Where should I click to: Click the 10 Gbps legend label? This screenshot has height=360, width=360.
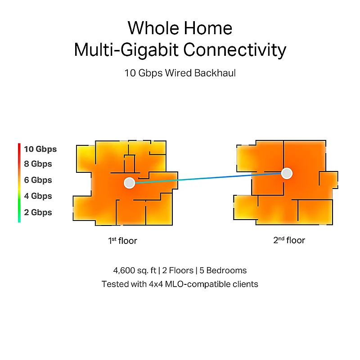point(40,149)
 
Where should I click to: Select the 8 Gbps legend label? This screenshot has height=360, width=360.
point(38,164)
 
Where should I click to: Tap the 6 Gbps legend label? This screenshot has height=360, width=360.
point(38,180)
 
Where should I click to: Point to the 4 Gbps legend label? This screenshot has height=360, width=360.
point(38,196)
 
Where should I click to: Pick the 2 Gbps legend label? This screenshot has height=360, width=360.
point(38,212)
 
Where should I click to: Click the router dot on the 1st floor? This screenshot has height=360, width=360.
point(129,183)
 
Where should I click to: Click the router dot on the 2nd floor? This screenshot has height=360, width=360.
point(287,173)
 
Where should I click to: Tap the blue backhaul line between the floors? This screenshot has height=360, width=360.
point(208,178)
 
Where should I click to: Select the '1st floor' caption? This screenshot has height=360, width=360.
point(122,241)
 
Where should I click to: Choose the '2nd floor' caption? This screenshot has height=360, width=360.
point(289,240)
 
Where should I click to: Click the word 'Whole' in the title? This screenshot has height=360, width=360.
point(153,28)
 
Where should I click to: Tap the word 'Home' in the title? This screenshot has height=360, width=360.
point(208,28)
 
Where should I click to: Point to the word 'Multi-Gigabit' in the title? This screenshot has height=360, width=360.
point(126,50)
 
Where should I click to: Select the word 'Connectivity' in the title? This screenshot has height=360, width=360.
point(234,50)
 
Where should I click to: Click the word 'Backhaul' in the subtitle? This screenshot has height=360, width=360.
point(215,73)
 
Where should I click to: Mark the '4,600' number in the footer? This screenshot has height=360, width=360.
point(124,270)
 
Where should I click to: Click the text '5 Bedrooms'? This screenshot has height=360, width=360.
point(223,270)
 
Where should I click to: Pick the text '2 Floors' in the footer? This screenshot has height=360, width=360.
point(178,270)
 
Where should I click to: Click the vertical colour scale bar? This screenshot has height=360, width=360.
point(19,183)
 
